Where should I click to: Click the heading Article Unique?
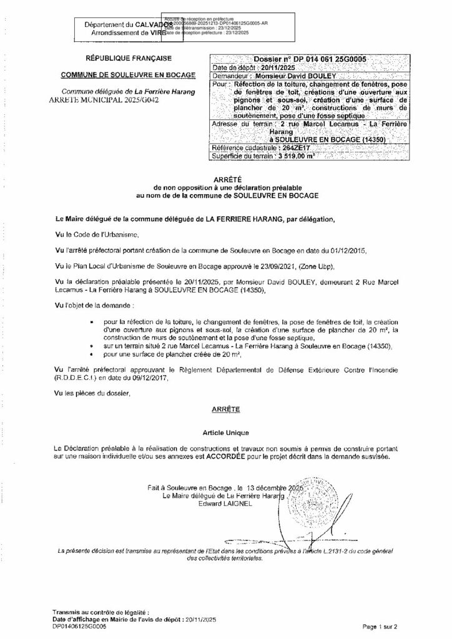(x=224, y=432)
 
